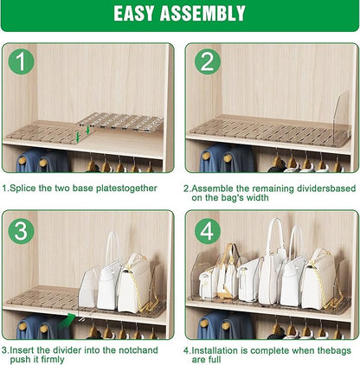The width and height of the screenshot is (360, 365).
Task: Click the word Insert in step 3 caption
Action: [x=25, y=349]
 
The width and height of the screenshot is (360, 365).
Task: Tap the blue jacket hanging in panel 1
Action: [x=31, y=162]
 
